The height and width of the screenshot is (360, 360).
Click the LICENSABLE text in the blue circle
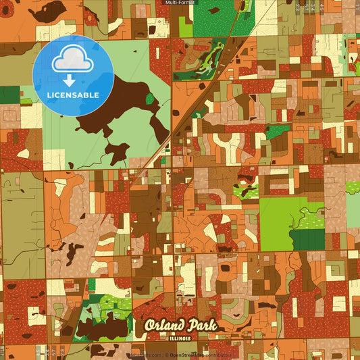point(73,95)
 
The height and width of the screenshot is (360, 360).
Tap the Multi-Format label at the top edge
point(180,3)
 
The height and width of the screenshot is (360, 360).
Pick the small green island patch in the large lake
point(149,99)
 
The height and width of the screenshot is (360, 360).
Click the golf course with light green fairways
point(209,57)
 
